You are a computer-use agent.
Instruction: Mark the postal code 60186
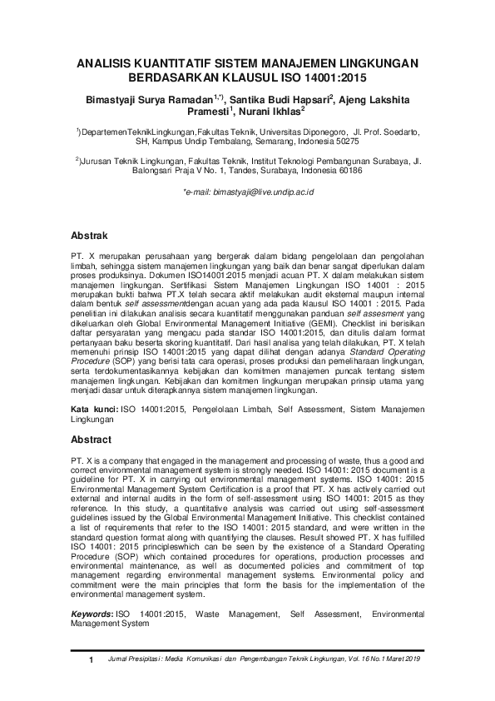click(347, 171)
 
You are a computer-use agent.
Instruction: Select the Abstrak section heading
click(89, 236)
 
